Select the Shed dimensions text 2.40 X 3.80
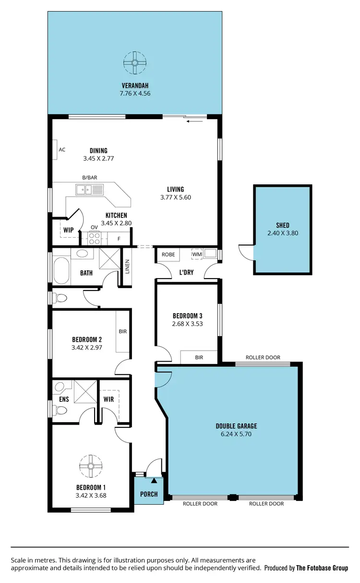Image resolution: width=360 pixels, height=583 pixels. coord(283,233)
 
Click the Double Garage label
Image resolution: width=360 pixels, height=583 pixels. coord(236,426)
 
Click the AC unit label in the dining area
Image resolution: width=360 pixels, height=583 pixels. coord(62,149)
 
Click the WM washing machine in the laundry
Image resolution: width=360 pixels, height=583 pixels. coord(197,254)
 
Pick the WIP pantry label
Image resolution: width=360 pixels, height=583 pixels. coord(69,230)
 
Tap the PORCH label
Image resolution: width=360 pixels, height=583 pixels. coord(149,494)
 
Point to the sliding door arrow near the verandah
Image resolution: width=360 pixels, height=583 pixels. coord(195,121)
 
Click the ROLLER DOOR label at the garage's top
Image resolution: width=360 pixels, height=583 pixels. coord(263,358)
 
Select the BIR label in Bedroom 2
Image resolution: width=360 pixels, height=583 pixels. coord(123,331)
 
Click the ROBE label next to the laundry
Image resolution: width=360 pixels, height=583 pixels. coord(168,254)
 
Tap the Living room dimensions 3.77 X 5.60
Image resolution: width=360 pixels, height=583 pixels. coord(176,197)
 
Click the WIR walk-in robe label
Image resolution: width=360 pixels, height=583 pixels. coord(108,399)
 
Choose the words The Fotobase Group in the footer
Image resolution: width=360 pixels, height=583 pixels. coord(322,568)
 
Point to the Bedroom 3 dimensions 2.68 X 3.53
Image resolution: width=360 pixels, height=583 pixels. coord(187,324)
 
